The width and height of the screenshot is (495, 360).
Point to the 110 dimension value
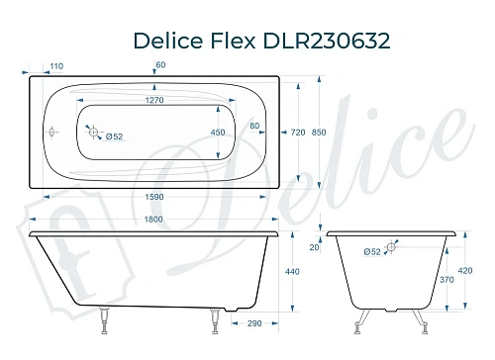pyautogui.click(x=55, y=66)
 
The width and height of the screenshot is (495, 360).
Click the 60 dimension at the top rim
pyautogui.click(x=160, y=66)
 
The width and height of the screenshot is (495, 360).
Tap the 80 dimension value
pyautogui.click(x=254, y=126)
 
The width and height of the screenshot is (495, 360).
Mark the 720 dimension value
pyautogui.click(x=296, y=132)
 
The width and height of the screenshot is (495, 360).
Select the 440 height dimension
pyautogui.click(x=293, y=272)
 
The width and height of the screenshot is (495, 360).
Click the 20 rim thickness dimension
pyautogui.click(x=316, y=248)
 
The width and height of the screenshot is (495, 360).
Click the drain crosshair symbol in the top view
pyautogui.click(x=93, y=130)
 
